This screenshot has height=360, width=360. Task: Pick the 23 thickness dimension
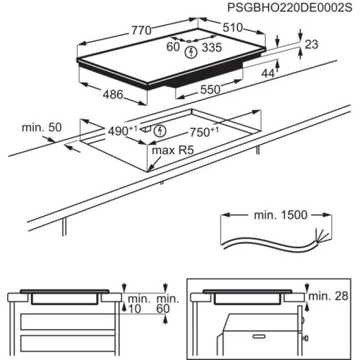coord(311,45)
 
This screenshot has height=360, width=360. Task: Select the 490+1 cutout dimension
coord(123,131)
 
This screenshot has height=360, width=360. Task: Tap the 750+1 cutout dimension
coord(204,132)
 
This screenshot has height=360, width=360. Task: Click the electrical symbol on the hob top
coord(192,51)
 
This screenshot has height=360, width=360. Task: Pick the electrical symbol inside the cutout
coord(162,132)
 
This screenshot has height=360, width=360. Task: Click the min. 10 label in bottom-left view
coord(136,304)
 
